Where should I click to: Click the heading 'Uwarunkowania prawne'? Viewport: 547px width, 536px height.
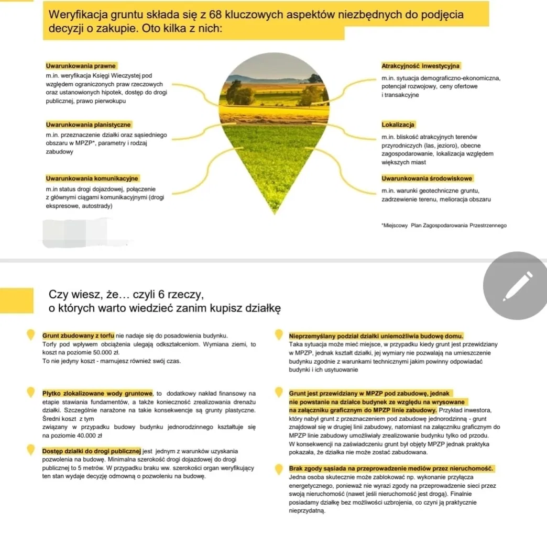[81, 66]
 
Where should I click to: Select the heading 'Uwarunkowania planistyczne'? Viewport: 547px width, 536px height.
[89, 125]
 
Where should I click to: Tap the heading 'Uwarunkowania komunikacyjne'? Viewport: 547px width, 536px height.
[92, 178]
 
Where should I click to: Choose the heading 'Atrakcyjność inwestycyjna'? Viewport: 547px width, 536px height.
[421, 66]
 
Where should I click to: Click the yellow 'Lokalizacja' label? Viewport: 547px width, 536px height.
[399, 125]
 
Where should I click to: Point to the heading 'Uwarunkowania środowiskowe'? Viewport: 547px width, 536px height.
[427, 178]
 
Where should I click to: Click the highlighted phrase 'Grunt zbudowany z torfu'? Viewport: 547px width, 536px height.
[78, 335]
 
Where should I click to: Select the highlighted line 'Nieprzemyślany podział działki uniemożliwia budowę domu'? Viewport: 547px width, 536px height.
[376, 335]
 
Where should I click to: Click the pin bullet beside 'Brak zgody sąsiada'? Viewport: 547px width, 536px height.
[278, 470]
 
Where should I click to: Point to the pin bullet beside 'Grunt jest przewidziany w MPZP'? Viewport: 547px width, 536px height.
[278, 394]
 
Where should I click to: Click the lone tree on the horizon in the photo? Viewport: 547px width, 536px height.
[314, 79]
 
